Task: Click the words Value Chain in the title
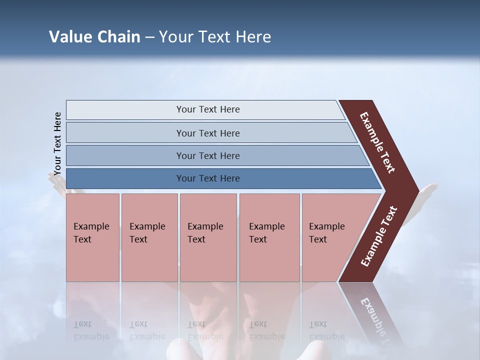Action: point(94,37)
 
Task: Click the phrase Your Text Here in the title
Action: point(215,37)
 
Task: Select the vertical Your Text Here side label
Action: point(57,143)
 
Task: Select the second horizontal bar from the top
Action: point(207,133)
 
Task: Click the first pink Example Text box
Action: point(92,237)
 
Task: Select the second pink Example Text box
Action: point(149,237)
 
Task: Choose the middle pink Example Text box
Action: point(208,237)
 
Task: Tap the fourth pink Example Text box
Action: point(269,237)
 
